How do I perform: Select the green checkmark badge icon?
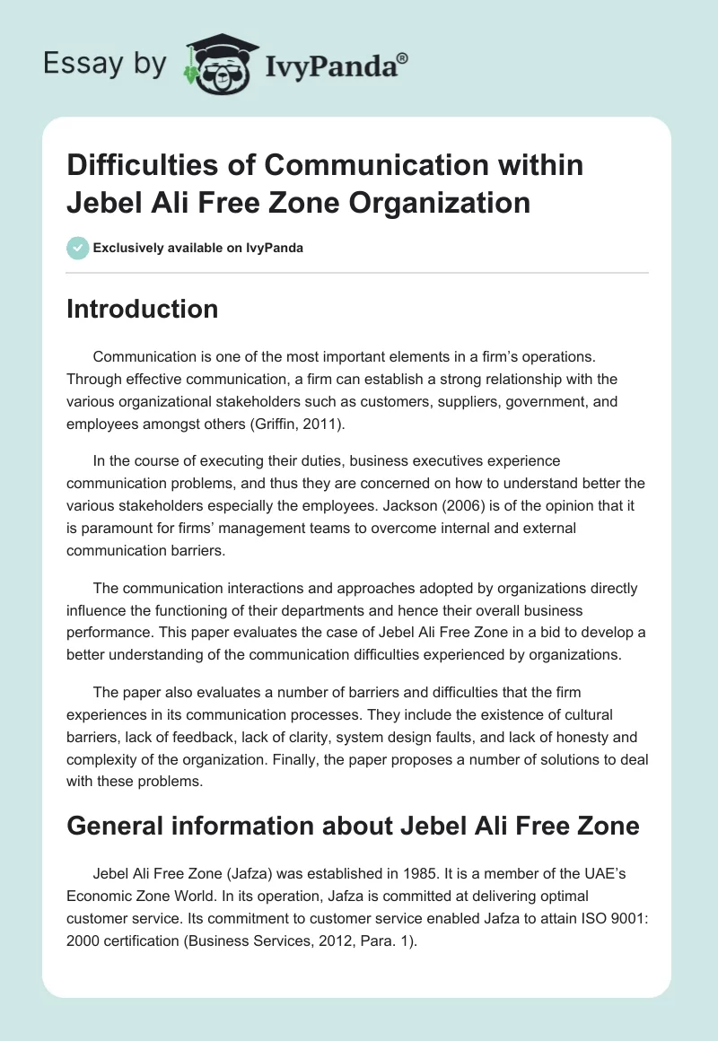(77, 247)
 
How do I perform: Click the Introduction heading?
(142, 309)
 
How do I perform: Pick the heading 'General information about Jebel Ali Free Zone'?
(353, 825)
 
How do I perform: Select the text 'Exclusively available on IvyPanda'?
(198, 248)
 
